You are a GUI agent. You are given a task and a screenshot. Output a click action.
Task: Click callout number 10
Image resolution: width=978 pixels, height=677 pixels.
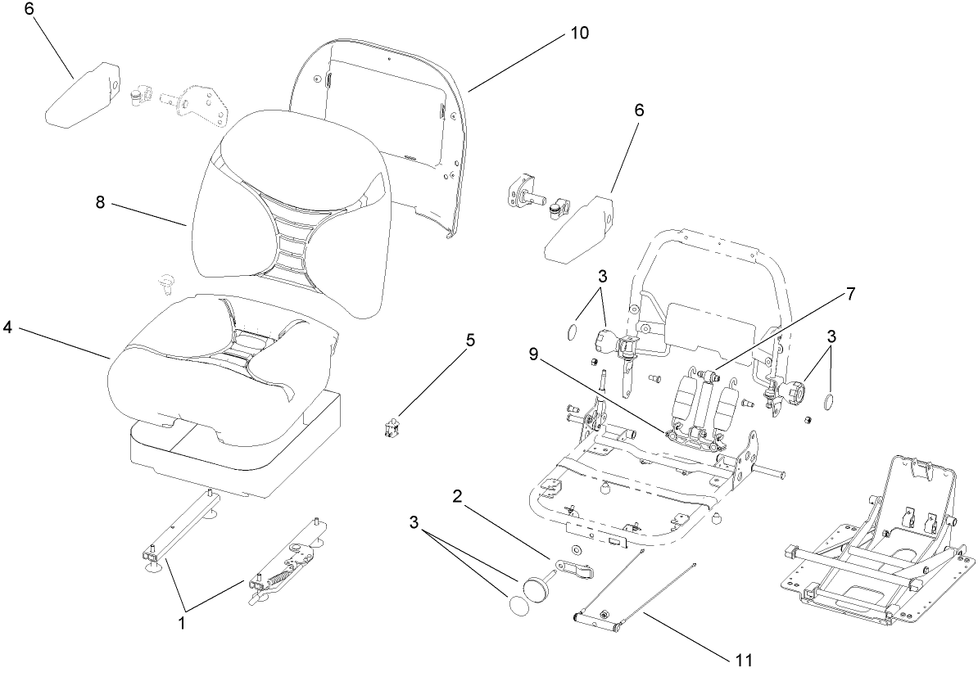tap(579, 34)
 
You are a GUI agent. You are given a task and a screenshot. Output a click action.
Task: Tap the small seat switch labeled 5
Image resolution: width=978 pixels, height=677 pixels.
tap(392, 427)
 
